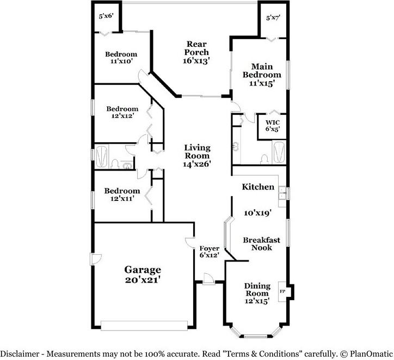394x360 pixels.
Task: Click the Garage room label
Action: tap(143, 269)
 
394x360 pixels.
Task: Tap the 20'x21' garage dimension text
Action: tap(143, 279)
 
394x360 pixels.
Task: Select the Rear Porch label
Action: tap(196, 48)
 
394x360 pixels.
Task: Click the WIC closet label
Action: tap(272, 123)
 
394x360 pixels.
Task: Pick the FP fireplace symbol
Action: tap(282, 291)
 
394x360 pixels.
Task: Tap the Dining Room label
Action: tap(257, 290)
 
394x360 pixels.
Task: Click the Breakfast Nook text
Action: tap(261, 243)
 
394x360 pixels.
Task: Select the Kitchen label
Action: tap(258, 187)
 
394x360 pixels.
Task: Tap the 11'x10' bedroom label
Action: tap(121, 62)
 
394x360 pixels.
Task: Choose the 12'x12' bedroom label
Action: tap(121, 115)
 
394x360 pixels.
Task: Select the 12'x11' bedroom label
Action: tap(122, 198)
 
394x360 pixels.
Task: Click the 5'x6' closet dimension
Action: tap(106, 16)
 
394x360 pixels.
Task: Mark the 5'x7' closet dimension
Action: tap(273, 18)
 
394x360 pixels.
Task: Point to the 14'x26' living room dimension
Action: tap(197, 163)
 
